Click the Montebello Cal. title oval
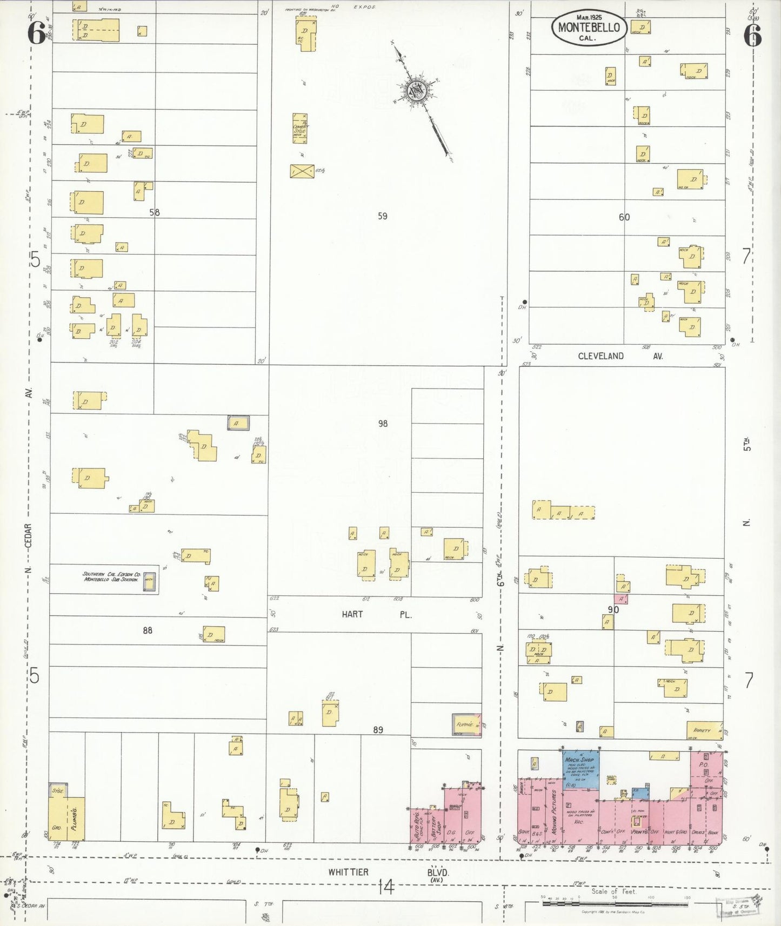589,28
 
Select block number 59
383,216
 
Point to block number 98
383,424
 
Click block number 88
148,630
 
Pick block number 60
624,217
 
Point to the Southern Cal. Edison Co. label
111,576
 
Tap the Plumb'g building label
75,819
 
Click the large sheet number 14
386,887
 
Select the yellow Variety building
704,730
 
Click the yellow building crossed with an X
302,171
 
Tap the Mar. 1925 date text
589,17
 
